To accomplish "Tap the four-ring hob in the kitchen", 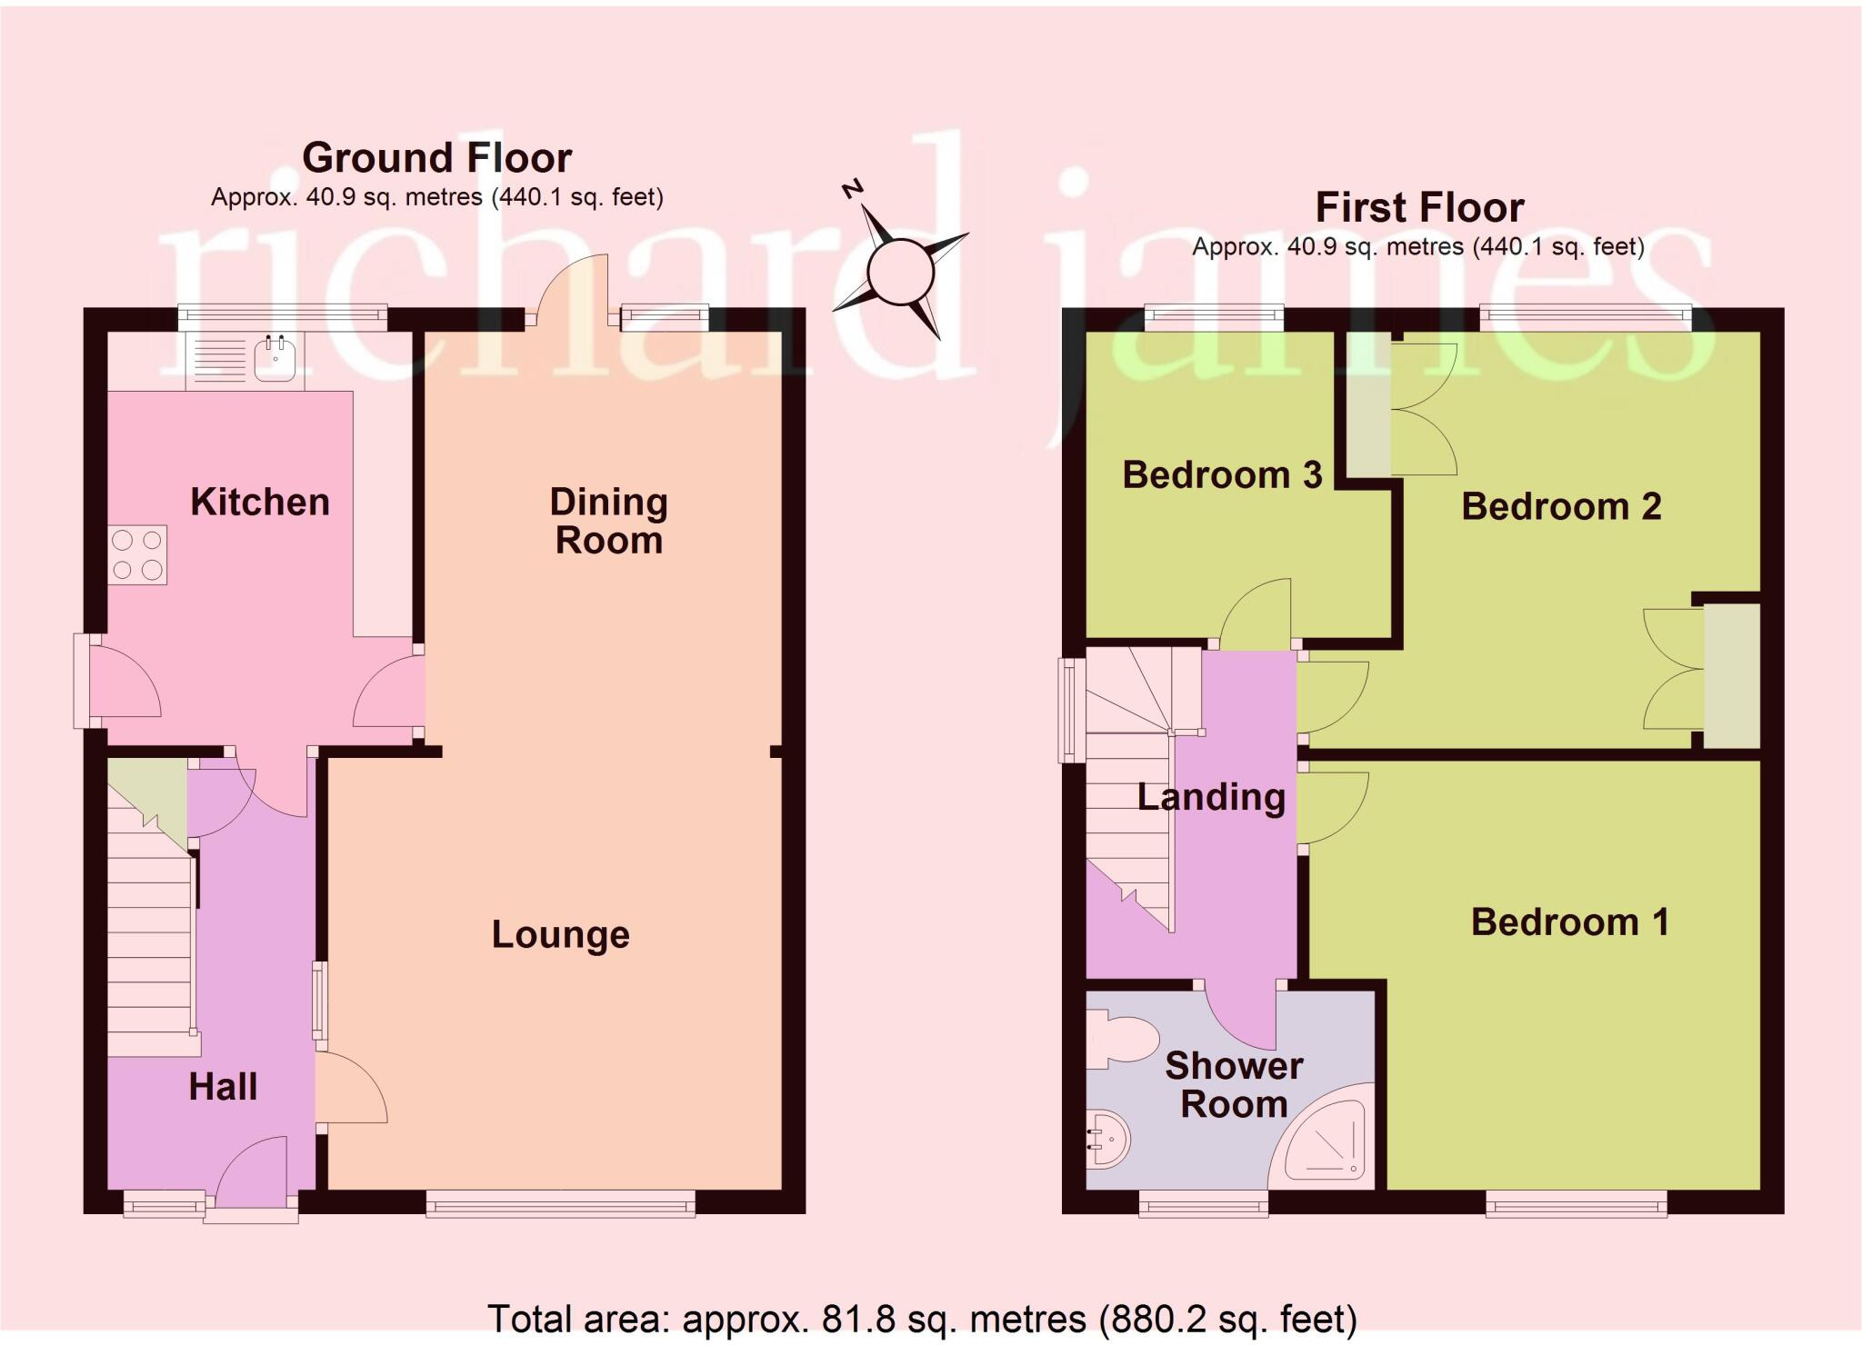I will coord(137,555).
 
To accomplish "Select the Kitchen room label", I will coord(260,503).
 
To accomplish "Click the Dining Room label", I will coord(609,522).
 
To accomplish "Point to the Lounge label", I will coord(561,935).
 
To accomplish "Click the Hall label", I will coord(223,1087).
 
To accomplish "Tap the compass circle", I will coord(900,271).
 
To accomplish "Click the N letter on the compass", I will coord(852,189).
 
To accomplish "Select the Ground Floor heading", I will coord(437,158).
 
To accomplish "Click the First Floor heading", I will coord(1419,208).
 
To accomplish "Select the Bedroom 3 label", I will coord(1222,475).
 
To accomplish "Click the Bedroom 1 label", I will coord(1570,922).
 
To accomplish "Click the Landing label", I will coord(1211,797).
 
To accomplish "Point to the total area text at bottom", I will coord(922,1318).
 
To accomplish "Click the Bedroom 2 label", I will coord(1561,506).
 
